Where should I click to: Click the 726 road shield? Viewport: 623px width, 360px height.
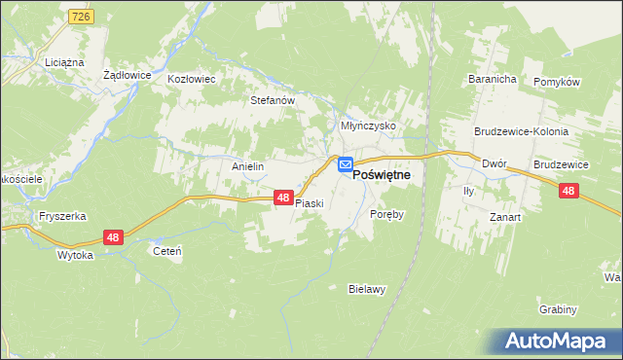pos(81,18)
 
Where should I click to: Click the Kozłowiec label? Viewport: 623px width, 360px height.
pos(191,79)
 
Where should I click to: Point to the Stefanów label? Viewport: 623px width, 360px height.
pos(272,99)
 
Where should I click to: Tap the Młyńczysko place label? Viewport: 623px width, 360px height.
pos(367,126)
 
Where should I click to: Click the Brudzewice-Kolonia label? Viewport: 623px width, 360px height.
pos(521,130)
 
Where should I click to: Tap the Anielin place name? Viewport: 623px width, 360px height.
pos(248,166)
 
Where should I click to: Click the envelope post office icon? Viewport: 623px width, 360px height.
pos(346,166)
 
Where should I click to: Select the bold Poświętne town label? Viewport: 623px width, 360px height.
pos(381,173)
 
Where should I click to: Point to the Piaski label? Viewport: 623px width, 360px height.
pos(309,204)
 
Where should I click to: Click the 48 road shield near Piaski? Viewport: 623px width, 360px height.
pos(282,198)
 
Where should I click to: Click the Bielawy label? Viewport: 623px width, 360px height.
pos(368,289)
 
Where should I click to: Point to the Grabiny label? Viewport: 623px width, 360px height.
pos(558,309)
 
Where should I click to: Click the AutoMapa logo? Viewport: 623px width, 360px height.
pos(555,341)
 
